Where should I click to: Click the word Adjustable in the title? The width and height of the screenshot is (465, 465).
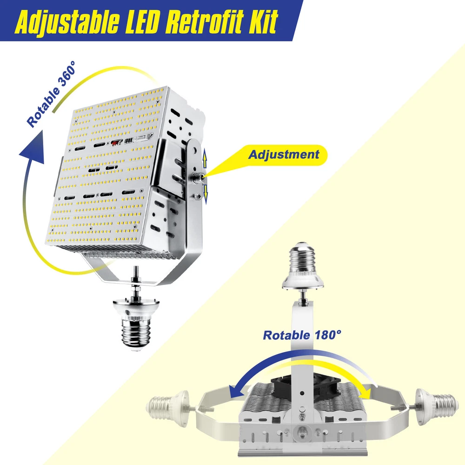(x=67, y=22)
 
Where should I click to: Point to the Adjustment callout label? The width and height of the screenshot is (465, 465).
(x=284, y=154)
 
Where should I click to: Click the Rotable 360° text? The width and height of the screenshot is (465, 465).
(x=51, y=94)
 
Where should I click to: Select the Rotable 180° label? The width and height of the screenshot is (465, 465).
(x=302, y=335)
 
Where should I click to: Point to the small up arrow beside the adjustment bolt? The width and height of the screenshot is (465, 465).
(x=204, y=159)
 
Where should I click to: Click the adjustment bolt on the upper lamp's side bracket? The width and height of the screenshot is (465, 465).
(x=197, y=177)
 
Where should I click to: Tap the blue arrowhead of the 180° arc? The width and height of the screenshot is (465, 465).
(x=236, y=392)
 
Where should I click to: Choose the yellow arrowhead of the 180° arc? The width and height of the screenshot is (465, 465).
(x=365, y=392)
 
